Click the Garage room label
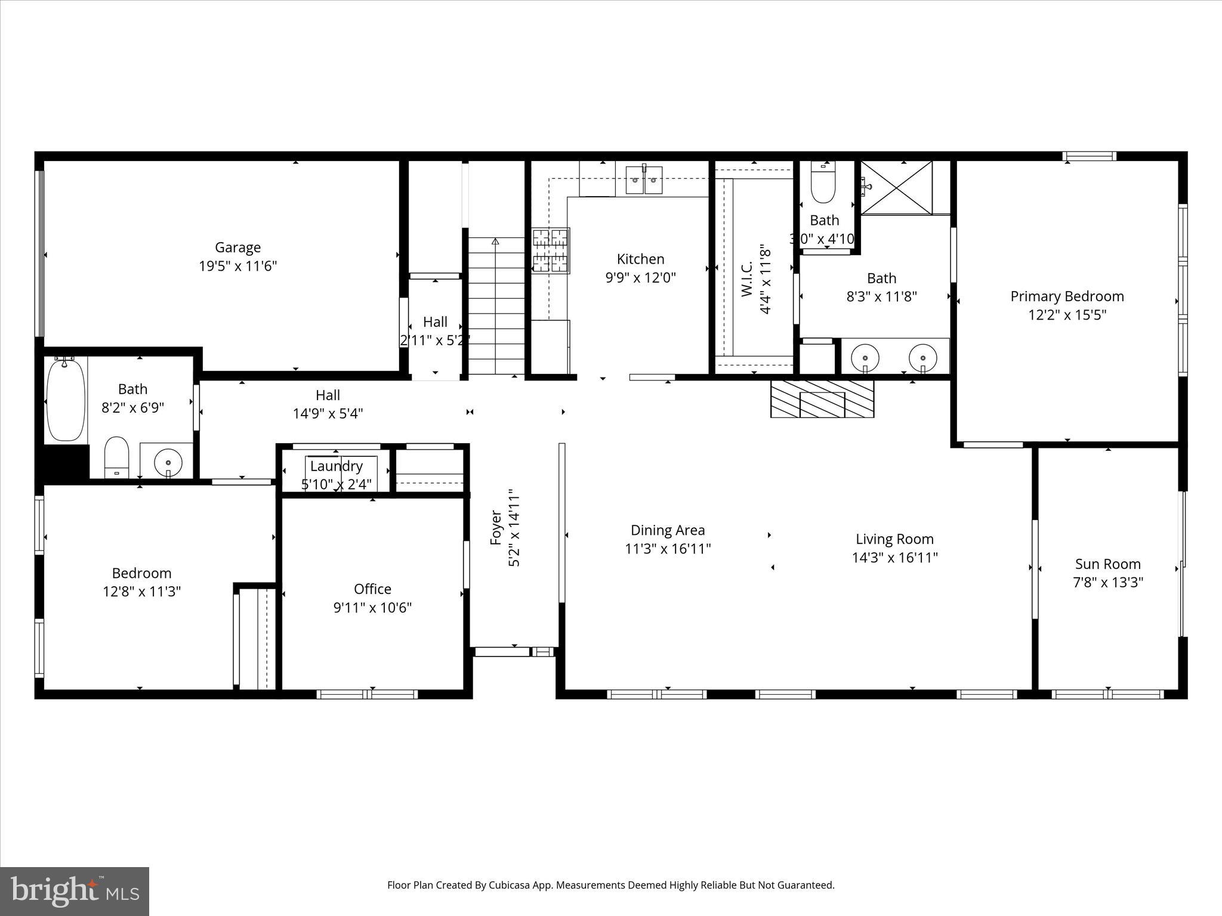[237, 247]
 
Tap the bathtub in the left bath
[66, 400]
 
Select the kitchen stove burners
[550, 250]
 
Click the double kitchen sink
[644, 180]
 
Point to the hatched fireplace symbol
[822, 398]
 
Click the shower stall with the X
[896, 187]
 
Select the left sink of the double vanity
[865, 358]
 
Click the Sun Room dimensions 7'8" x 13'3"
[1107, 583]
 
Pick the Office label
[372, 589]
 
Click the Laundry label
[336, 466]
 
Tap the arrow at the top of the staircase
[495, 242]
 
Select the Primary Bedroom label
[1067, 296]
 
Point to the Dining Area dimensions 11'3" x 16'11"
[668, 549]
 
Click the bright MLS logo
[75, 891]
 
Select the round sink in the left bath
[168, 462]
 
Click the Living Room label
[894, 539]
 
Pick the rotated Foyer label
[495, 528]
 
